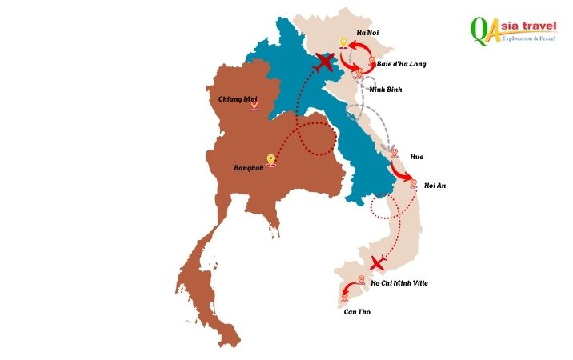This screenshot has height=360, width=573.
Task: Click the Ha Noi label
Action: pyautogui.click(x=367, y=31)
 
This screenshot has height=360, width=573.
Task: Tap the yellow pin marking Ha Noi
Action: pyautogui.click(x=343, y=43)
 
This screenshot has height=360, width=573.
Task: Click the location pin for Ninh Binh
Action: pyautogui.click(x=359, y=74)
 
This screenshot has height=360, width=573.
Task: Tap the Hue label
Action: pyautogui.click(x=416, y=156)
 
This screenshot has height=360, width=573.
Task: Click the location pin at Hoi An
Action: pyautogui.click(x=413, y=184)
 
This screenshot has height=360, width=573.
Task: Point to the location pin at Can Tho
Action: pyautogui.click(x=345, y=297)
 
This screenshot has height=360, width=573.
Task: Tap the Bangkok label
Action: pyautogui.click(x=248, y=168)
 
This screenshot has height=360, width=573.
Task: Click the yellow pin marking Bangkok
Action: pyautogui.click(x=271, y=160)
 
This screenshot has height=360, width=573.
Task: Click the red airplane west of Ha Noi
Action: pyautogui.click(x=324, y=62)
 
